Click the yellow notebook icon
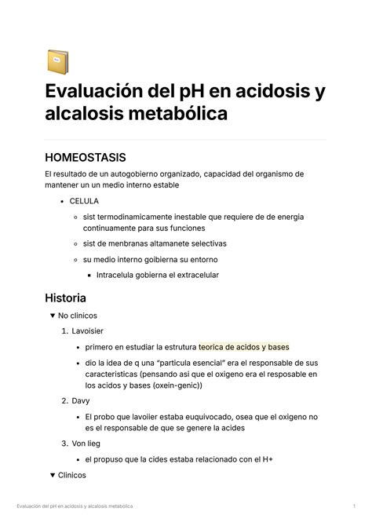(57, 62)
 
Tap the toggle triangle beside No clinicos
(52, 316)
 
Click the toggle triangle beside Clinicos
(52, 475)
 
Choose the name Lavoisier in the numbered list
(87, 331)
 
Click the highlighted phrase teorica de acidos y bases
(244, 347)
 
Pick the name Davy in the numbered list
(81, 400)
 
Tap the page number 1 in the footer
(356, 506)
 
